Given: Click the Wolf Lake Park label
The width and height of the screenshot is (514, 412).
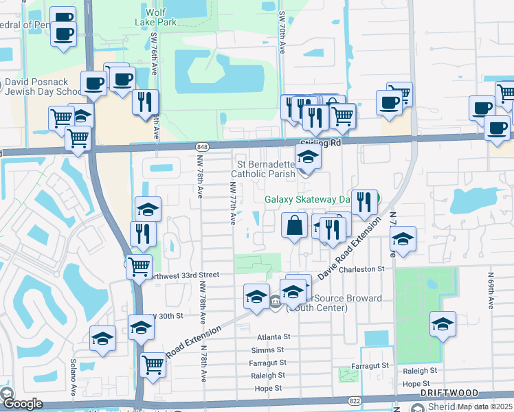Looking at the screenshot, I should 162,17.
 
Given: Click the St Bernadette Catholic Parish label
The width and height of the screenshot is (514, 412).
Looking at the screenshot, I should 265,169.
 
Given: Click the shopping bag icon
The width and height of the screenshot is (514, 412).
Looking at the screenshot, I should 294,226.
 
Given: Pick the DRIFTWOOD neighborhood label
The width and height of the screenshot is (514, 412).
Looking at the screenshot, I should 449,393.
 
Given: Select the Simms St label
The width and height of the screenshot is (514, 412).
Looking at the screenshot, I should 273,350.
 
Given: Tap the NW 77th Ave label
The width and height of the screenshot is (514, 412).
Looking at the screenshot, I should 233,203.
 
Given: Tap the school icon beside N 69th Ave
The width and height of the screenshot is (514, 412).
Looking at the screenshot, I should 443,325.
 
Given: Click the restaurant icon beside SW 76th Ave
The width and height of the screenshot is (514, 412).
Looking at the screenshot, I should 145,102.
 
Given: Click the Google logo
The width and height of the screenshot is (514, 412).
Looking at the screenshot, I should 22,404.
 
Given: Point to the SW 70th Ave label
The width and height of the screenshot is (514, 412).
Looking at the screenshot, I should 282,33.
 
